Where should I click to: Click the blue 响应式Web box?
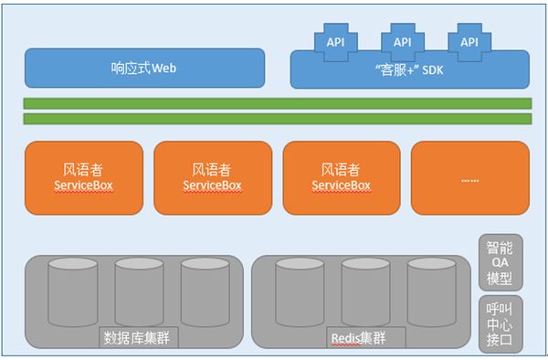(x=144, y=68)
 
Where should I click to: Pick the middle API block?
(x=402, y=42)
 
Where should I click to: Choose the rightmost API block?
(x=469, y=42)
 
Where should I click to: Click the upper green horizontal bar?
(x=277, y=103)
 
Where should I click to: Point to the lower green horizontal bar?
(x=277, y=119)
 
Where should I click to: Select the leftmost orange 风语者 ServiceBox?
(x=84, y=176)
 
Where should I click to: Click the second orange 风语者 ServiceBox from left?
(x=213, y=176)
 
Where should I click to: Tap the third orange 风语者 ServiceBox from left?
(x=342, y=176)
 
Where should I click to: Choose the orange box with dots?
(x=470, y=176)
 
